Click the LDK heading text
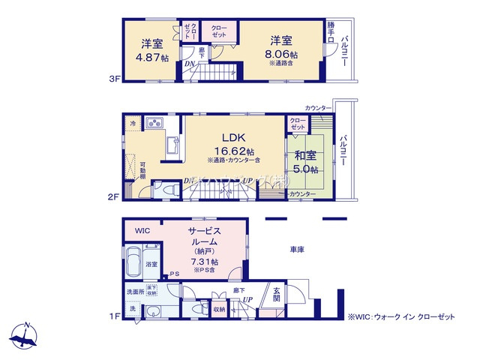click(x=233, y=137)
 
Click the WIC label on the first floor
click(x=143, y=229)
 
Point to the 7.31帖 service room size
click(x=204, y=262)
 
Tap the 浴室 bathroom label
click(x=151, y=265)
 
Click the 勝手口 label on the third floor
click(x=331, y=32)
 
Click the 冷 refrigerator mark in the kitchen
click(x=133, y=123)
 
